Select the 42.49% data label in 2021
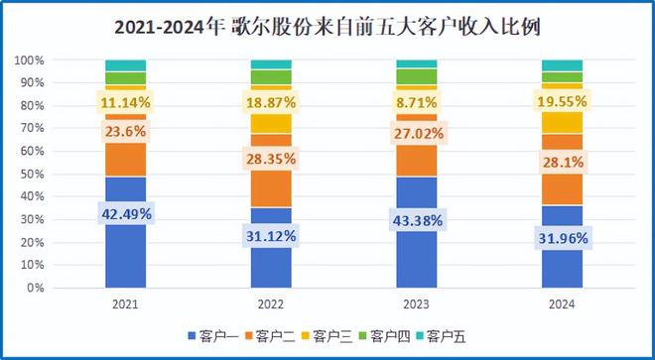125,212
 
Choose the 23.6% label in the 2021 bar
125,131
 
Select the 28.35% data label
271,159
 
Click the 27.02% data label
417,129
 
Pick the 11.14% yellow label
125,101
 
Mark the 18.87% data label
271,101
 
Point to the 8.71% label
417,101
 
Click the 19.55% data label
562,101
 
